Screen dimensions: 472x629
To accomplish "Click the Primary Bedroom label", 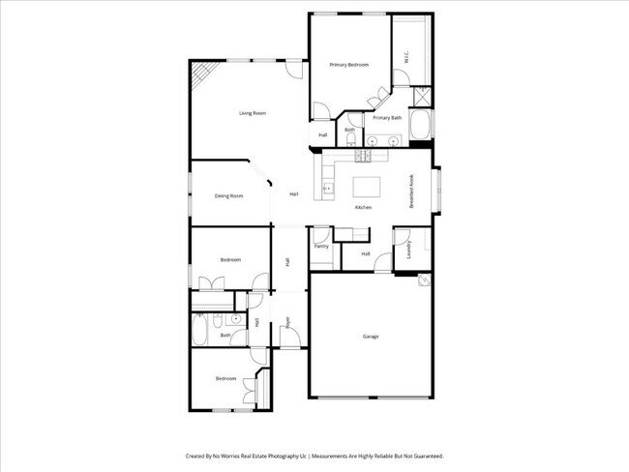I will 349,65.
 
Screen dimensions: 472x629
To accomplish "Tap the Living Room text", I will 253,113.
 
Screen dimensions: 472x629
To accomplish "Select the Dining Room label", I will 228,195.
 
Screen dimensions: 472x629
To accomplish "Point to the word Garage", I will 370,337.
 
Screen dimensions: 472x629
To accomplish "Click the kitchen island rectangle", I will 367,185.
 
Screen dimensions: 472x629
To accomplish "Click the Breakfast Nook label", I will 412,191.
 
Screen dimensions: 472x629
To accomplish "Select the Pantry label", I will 321,246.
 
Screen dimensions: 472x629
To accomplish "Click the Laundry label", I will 410,250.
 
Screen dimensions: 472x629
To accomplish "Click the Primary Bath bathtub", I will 421,126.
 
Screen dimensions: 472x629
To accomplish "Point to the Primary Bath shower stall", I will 422,97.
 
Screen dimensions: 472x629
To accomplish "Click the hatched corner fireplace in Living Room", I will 200,74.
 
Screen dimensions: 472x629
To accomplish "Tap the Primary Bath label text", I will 387,117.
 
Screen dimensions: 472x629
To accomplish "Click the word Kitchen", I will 363,208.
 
